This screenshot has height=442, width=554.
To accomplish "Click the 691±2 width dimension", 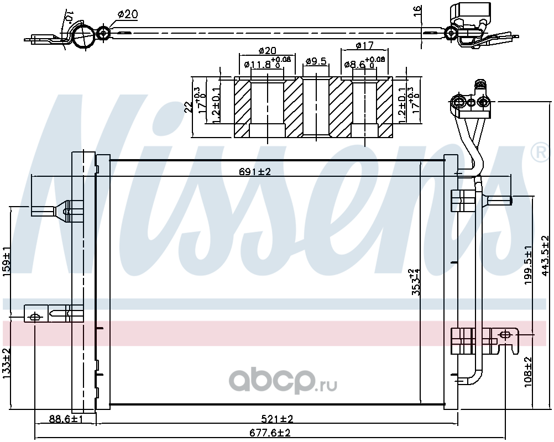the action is [255, 172].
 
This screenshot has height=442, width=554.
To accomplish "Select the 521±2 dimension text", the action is [278, 419].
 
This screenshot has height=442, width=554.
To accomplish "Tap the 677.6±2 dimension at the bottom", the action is [270, 433].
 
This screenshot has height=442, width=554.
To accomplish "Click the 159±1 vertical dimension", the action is [7, 260].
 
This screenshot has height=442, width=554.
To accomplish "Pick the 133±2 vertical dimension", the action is [7, 364].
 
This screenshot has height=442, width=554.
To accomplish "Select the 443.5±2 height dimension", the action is [546, 256].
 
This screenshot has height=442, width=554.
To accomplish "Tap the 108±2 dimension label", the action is [528, 372].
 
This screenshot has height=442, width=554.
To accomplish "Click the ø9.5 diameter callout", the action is [316, 61].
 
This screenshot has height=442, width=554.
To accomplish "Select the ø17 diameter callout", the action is [364, 45].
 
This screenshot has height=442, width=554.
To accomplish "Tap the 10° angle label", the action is [69, 15].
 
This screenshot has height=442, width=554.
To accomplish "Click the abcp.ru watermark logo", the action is [283, 381].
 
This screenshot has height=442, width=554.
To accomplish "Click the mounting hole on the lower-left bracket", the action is [34, 317].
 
